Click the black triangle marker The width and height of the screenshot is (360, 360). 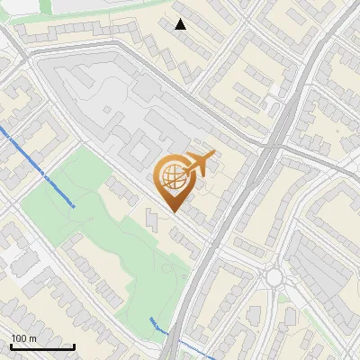tap(181, 24)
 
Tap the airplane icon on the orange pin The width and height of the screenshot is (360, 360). tap(198, 165)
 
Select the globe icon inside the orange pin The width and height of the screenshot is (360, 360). tap(172, 177)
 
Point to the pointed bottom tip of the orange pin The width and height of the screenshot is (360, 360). tap(173, 211)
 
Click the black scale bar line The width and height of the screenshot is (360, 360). tap(42, 347)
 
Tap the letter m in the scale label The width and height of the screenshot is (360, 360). tap(31, 338)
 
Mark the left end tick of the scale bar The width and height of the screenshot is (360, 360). tap(11, 346)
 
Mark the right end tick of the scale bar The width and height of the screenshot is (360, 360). tap(74, 346)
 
